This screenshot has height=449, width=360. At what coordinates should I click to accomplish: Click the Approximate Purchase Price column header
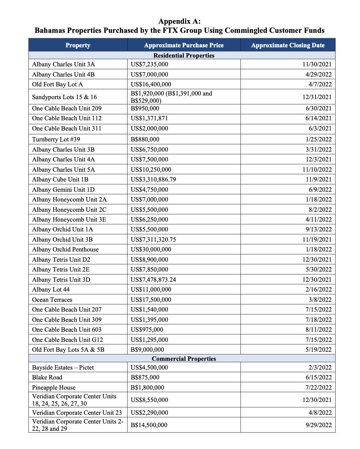click(x=184, y=45)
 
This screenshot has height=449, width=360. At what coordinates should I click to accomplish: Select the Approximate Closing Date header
click(x=287, y=45)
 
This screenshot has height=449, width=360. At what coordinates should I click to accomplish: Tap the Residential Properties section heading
click(x=184, y=55)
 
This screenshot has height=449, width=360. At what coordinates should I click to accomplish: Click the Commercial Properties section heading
click(x=184, y=359)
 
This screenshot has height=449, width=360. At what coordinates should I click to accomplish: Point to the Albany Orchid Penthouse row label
click(x=65, y=250)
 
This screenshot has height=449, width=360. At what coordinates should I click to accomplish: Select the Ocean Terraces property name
click(x=52, y=300)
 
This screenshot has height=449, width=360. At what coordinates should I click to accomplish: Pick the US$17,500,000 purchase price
click(x=150, y=300)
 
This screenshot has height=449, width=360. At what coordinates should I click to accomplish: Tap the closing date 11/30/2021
click(x=317, y=64)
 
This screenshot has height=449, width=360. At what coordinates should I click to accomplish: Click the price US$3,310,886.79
click(x=153, y=179)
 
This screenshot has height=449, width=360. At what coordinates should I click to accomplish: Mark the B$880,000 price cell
click(x=145, y=139)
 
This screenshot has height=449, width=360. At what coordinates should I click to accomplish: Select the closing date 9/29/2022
click(x=318, y=425)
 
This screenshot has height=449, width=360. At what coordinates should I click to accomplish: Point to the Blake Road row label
click(x=47, y=377)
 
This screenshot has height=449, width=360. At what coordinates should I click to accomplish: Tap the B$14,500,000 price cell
click(x=149, y=425)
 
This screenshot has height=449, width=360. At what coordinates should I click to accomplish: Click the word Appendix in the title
click(x=171, y=22)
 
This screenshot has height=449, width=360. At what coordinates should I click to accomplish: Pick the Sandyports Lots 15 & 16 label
click(x=64, y=97)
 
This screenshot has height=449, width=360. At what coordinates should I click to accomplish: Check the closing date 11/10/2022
click(x=317, y=169)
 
